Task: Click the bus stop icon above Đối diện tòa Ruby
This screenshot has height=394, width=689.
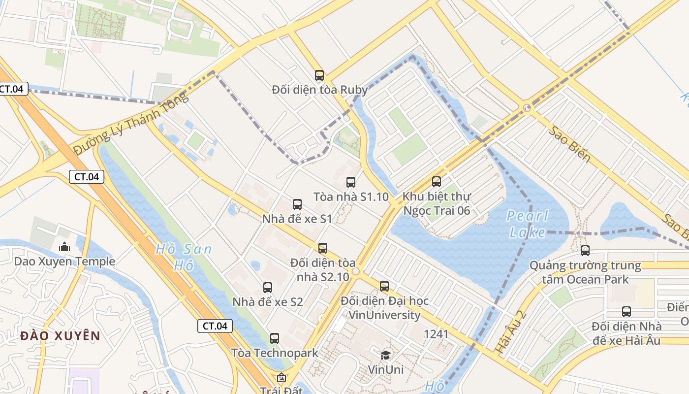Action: click(319, 75)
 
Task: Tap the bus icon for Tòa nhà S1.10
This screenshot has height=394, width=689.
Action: click(350, 182)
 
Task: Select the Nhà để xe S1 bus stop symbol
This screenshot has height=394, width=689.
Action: click(297, 204)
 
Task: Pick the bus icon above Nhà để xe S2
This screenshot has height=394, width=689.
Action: click(268, 288)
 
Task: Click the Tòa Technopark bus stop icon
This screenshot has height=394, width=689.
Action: click(275, 338)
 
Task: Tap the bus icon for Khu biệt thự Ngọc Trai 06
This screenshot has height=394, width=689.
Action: click(437, 182)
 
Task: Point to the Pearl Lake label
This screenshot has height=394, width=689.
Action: click(527, 224)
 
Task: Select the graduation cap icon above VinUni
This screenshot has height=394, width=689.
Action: click(386, 355)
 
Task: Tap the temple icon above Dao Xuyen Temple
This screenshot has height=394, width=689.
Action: click(64, 247)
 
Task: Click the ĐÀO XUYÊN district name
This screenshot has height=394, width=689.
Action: click(61, 336)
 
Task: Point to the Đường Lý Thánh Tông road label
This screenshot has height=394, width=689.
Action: click(131, 123)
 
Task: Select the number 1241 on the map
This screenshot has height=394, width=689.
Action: click(436, 334)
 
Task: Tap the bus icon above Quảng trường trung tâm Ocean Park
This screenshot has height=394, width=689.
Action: click(585, 251)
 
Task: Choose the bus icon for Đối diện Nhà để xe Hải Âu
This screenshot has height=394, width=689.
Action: click(626, 312)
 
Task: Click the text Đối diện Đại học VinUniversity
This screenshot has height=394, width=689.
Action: click(384, 308)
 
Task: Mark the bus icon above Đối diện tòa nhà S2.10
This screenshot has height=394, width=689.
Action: click(323, 248)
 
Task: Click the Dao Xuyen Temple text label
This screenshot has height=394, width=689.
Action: click(64, 261)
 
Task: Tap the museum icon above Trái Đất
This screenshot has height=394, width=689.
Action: click(281, 378)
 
